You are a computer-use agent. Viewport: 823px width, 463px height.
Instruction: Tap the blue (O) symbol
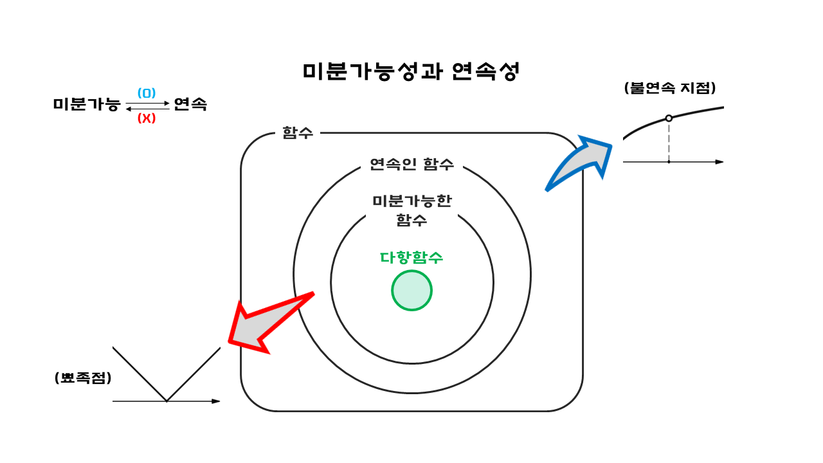tap(147, 93)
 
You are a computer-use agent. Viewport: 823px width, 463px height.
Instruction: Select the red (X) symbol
tap(147, 118)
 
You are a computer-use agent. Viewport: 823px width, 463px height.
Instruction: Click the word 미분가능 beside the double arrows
tap(87, 104)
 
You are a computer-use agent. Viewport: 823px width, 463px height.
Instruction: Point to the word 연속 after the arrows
tap(190, 104)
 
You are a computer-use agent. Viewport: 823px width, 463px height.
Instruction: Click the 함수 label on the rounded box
tap(298, 133)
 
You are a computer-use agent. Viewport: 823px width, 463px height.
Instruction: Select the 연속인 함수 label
tap(411, 164)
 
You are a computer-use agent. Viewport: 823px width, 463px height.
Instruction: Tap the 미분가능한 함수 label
tap(411, 210)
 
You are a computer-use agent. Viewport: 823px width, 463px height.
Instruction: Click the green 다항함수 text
tap(411, 257)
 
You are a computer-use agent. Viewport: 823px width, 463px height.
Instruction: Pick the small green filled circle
tap(411, 291)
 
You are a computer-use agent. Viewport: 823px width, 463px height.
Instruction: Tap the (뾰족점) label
tap(83, 378)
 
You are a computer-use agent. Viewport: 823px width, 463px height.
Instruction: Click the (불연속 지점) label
tap(670, 88)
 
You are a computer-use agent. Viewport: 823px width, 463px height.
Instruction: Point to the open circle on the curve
tap(669, 118)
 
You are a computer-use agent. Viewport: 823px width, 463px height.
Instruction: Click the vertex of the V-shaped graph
tap(167, 401)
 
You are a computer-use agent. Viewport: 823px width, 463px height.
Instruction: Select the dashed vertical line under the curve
tap(669, 141)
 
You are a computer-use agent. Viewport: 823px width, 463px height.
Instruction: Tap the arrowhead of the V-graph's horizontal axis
tap(217, 401)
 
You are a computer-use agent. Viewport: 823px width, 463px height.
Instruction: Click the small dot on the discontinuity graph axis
tap(669, 162)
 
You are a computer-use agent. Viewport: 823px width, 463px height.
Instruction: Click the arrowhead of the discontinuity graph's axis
tap(719, 162)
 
